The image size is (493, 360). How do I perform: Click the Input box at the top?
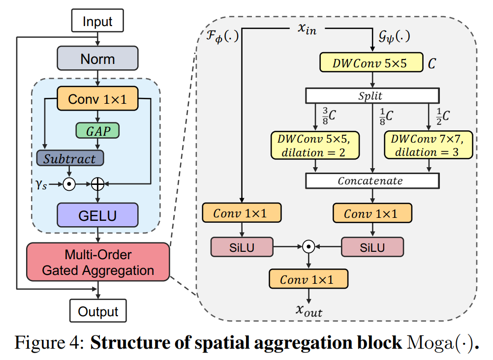click(97, 22)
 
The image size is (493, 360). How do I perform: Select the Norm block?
click(97, 59)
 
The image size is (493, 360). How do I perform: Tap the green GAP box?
click(97, 130)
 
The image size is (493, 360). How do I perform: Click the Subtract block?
click(69, 158)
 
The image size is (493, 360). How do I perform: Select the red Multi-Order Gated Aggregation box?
click(97, 262)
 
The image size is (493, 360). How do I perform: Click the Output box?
click(98, 311)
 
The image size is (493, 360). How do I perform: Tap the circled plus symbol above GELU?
click(98, 184)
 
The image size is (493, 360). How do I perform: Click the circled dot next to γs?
click(69, 184)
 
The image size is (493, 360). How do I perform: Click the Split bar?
click(371, 95)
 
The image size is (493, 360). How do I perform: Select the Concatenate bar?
click(371, 180)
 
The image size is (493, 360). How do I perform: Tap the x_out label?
click(309, 309)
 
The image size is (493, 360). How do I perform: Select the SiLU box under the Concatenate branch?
click(372, 247)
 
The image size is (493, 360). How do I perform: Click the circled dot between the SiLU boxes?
click(308, 247)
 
